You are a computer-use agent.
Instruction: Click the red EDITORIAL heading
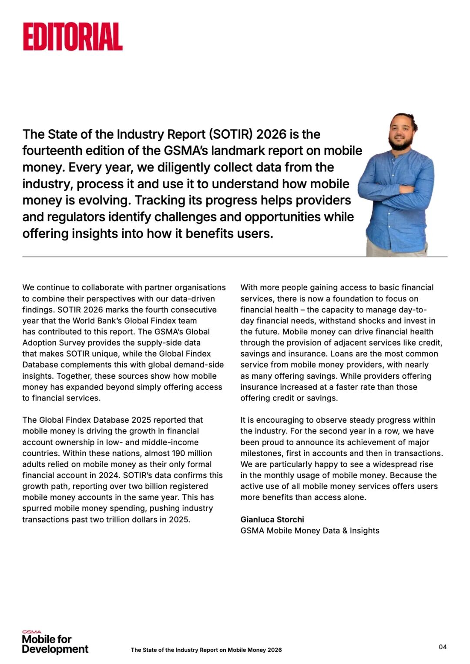pyautogui.click(x=73, y=37)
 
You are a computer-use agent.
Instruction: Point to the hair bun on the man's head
pyautogui.click(x=411, y=118)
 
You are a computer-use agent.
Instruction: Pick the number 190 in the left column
pyautogui.click(x=171, y=453)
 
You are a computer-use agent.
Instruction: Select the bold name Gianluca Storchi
pyautogui.click(x=272, y=520)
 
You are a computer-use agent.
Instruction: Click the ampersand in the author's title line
pyautogui.click(x=345, y=531)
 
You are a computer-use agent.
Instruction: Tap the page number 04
pyautogui.click(x=442, y=647)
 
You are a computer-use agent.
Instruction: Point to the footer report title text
pyautogui.click(x=206, y=650)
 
